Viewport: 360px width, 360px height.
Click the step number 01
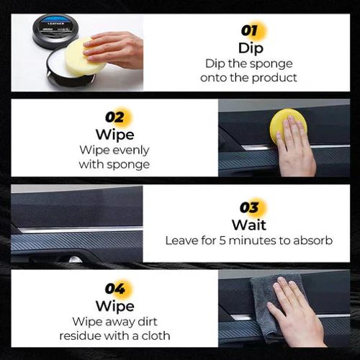250,31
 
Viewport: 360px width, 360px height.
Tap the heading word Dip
250,48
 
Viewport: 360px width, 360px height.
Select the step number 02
114,117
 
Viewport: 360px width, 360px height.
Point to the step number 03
249,209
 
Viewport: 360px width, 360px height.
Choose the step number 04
114,289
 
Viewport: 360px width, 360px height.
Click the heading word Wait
249,225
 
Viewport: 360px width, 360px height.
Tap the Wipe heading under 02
114,134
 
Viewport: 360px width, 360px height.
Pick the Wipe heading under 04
114,305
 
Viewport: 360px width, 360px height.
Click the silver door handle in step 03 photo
74,258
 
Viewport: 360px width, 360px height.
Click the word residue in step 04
91,336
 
